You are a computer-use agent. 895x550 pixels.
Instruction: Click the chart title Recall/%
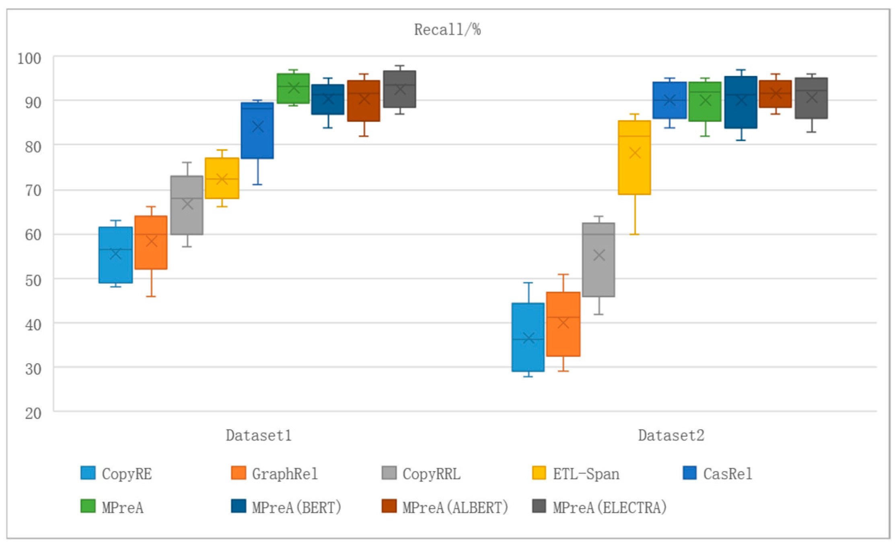pyautogui.click(x=447, y=30)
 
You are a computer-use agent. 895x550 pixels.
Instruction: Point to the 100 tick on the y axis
pyautogui.click(x=29, y=59)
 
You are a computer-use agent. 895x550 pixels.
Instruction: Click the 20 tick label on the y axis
pyautogui.click(x=33, y=413)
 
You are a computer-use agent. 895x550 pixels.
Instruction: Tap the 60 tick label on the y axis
pyautogui.click(x=33, y=235)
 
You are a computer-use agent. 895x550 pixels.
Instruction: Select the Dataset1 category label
pyautogui.click(x=259, y=436)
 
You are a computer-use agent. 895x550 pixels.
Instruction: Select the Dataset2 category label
pyautogui.click(x=671, y=436)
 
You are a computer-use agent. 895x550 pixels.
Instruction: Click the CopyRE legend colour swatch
pyautogui.click(x=88, y=473)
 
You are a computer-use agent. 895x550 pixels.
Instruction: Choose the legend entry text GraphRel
pyautogui.click(x=285, y=474)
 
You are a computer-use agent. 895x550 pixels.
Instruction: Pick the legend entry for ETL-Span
pyautogui.click(x=586, y=474)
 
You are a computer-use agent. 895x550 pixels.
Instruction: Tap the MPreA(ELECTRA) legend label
pyautogui.click(x=610, y=507)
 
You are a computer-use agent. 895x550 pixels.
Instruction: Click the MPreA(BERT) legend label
pyautogui.click(x=297, y=507)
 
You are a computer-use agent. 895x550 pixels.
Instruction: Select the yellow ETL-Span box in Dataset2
pyautogui.click(x=634, y=158)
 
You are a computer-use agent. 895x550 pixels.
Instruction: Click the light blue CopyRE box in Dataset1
pyautogui.click(x=115, y=255)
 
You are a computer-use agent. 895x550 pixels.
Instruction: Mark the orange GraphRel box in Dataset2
pyautogui.click(x=563, y=324)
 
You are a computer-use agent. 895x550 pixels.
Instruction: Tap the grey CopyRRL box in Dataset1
pyautogui.click(x=187, y=205)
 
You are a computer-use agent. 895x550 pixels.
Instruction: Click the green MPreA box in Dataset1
pyautogui.click(x=293, y=89)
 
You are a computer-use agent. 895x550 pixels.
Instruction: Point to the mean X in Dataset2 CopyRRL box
pyautogui.click(x=599, y=255)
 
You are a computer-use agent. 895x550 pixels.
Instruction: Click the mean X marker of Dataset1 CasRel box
pyautogui.click(x=257, y=127)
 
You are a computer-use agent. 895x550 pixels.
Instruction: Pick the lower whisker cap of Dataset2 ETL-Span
pyautogui.click(x=634, y=234)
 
